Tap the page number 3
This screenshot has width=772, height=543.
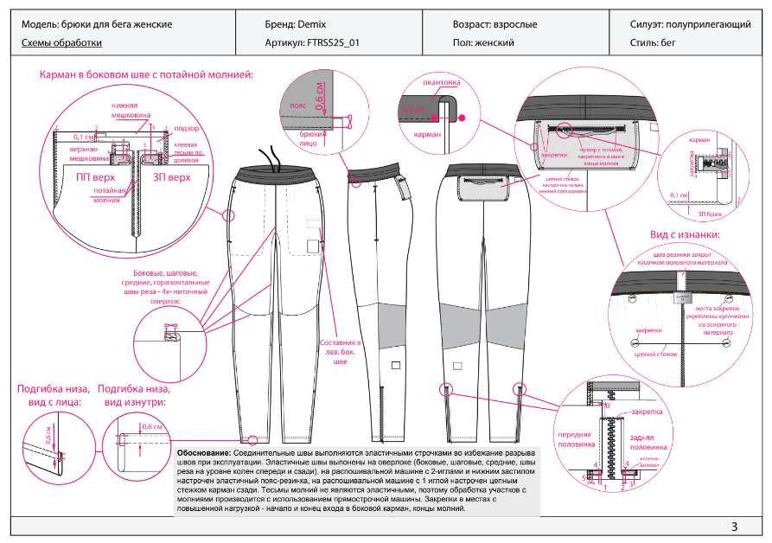(734, 527)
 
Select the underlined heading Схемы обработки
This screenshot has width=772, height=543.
(61, 42)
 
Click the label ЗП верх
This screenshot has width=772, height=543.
(171, 177)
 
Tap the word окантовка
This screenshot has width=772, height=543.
(440, 83)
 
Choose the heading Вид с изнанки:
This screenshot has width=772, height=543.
(685, 234)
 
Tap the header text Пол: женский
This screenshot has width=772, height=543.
(483, 42)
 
